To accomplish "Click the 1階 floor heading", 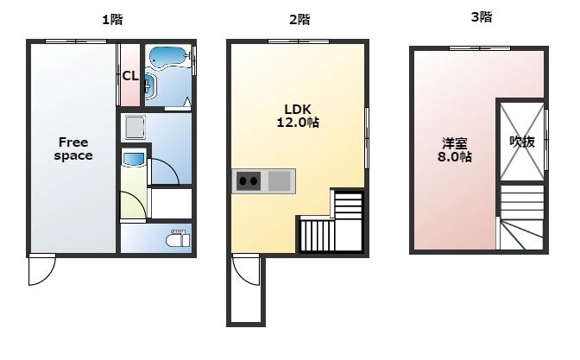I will [x=112, y=19].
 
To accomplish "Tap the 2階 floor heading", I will [x=299, y=19].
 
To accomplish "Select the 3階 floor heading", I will [x=481, y=16].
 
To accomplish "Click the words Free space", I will [x=73, y=148].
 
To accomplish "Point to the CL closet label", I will [x=130, y=76].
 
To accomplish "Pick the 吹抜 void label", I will [x=522, y=142].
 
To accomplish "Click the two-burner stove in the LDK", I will [x=249, y=181].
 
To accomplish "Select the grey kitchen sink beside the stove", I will [x=280, y=181].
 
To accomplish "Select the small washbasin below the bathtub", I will [x=148, y=85].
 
